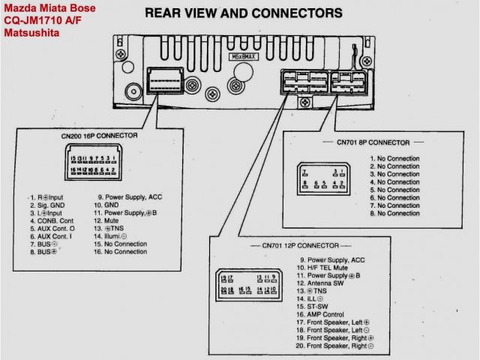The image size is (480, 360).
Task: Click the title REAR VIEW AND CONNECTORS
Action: (243, 13)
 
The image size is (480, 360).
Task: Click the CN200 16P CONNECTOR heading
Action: (99, 136)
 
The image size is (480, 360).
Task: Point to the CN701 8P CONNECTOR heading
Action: (373, 142)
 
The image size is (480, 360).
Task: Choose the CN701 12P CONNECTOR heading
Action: (300, 245)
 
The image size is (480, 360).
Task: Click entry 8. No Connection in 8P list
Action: (394, 214)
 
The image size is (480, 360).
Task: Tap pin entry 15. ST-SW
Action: (317, 307)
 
